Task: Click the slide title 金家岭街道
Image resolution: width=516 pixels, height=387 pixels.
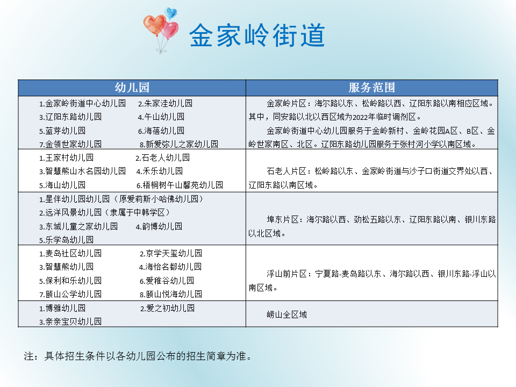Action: pyautogui.click(x=257, y=36)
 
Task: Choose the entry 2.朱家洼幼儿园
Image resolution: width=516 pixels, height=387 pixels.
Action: pyautogui.click(x=165, y=103)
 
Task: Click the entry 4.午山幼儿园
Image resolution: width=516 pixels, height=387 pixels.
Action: pyautogui.click(x=161, y=117)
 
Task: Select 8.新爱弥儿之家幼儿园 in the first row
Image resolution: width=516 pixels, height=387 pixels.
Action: pyautogui.click(x=178, y=144)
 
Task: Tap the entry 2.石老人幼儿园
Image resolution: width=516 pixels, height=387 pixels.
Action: pyautogui.click(x=162, y=158)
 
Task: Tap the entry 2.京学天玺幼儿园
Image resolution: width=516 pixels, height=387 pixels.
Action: pyautogui.click(x=170, y=253)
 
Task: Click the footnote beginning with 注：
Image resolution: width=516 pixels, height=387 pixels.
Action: pyautogui.click(x=138, y=356)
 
